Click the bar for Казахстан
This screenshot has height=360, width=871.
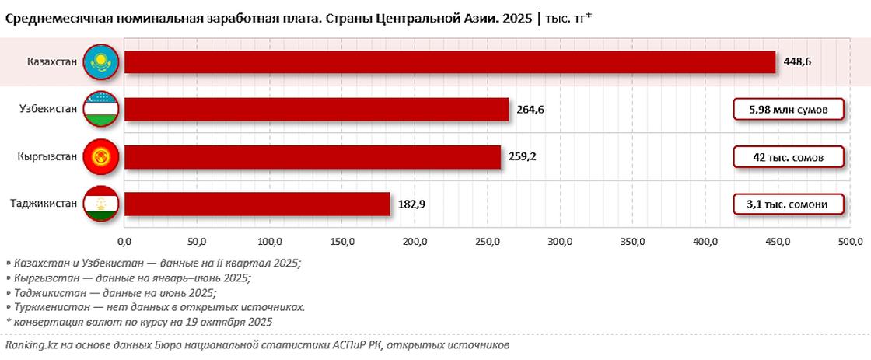(x=449, y=62)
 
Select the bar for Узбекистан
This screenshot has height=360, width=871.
(x=317, y=110)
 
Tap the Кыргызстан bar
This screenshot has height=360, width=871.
(x=313, y=157)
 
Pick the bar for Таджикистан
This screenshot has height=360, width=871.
(x=257, y=204)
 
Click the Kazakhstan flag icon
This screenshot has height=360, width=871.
(x=100, y=62)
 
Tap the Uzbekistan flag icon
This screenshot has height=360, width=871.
(x=100, y=110)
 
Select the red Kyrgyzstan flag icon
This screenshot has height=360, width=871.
(x=100, y=157)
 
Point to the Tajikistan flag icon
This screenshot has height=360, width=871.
(x=100, y=204)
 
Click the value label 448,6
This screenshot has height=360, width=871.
(x=798, y=62)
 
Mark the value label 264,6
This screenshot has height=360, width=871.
(x=530, y=110)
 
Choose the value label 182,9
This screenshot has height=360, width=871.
(x=411, y=204)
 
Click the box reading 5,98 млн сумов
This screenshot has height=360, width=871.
(x=789, y=110)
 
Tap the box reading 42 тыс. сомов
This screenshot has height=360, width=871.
(x=789, y=157)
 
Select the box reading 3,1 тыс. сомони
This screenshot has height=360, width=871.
(x=789, y=204)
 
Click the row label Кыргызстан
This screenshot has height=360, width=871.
(x=47, y=157)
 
